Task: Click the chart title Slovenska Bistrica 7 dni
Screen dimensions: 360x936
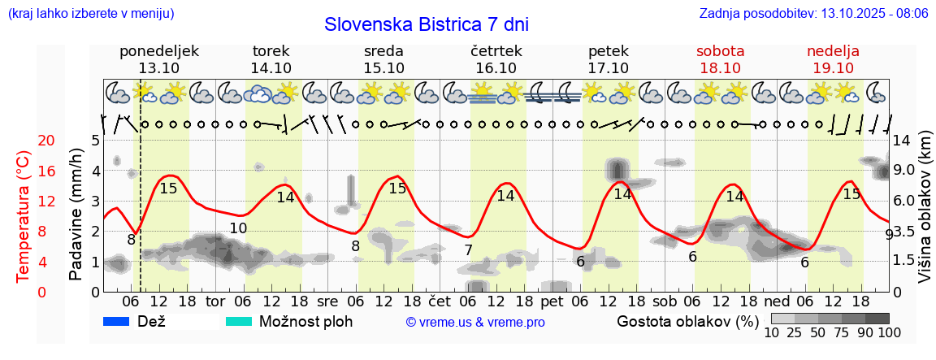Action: point(426,24)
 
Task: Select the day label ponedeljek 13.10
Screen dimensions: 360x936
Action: point(158,59)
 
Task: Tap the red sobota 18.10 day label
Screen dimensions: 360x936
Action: point(720,59)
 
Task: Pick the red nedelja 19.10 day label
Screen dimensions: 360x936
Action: point(833,59)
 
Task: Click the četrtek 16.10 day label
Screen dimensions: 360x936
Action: point(496,59)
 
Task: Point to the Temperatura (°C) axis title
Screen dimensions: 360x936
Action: point(24,217)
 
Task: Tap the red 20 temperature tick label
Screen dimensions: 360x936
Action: point(24,141)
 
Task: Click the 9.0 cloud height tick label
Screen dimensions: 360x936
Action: point(903,171)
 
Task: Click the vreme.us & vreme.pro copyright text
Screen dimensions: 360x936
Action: point(475,323)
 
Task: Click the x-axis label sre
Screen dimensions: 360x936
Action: point(327,301)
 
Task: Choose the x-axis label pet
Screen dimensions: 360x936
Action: point(552,301)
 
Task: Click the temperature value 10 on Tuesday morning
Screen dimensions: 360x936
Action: point(237,228)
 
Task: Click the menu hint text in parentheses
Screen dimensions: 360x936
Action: point(91,14)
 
